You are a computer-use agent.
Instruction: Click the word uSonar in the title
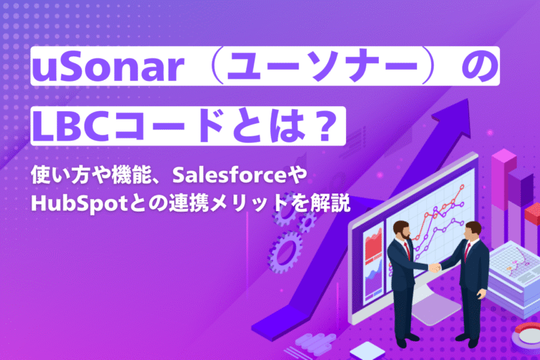[108, 67]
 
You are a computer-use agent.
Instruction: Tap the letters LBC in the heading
[73, 127]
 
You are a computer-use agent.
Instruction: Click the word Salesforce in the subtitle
[229, 175]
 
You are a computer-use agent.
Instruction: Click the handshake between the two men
[435, 267]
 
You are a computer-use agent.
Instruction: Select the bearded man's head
[401, 230]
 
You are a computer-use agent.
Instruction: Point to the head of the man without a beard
[472, 232]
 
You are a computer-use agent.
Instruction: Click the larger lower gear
[285, 251]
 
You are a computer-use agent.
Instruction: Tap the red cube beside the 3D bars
[532, 213]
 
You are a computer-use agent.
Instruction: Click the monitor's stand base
[435, 309]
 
